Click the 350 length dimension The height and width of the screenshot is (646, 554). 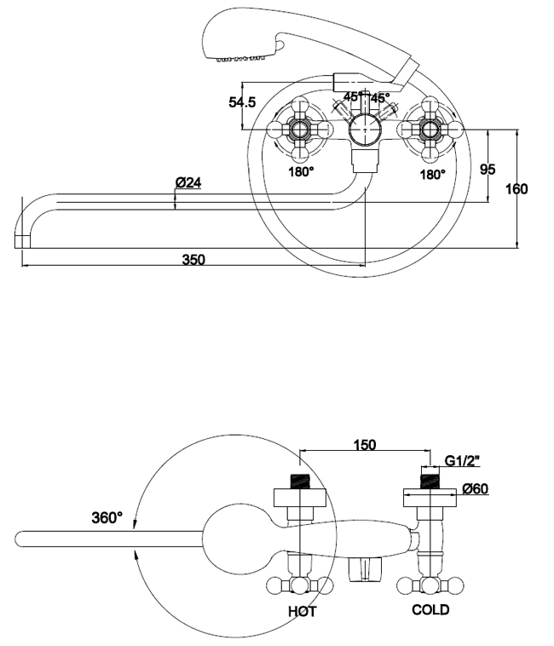coord(193,259)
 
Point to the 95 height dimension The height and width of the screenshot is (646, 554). coord(488,168)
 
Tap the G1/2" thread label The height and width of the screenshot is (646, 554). coord(460,461)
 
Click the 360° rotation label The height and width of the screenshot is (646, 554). coord(107,516)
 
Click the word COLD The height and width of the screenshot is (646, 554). coord(430,610)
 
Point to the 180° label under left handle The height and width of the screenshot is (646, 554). coord(301,173)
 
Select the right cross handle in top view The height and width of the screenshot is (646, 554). coord(430,130)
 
